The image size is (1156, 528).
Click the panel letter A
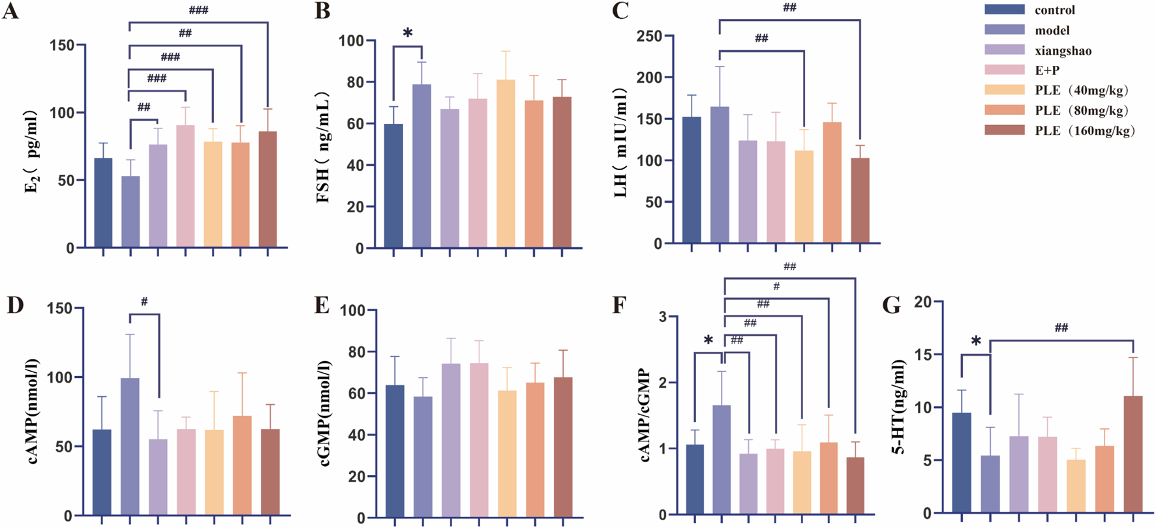[x=10, y=11]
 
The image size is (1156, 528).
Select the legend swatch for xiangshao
[x=1005, y=50]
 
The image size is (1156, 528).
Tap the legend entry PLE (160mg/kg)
[x=1084, y=131]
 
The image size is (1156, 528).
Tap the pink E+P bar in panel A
[x=185, y=186]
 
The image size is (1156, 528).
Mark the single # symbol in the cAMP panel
[x=144, y=302]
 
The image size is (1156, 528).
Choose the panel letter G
[x=891, y=305]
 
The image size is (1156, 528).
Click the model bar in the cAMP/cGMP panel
[x=722, y=460]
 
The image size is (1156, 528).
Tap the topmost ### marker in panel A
[x=198, y=10]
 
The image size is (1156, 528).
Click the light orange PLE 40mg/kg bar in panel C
[x=804, y=197]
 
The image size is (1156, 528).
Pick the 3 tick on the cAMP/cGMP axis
[x=663, y=317]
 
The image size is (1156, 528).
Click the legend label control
[x=1054, y=10]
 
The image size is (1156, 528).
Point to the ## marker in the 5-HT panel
[x=1061, y=327]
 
